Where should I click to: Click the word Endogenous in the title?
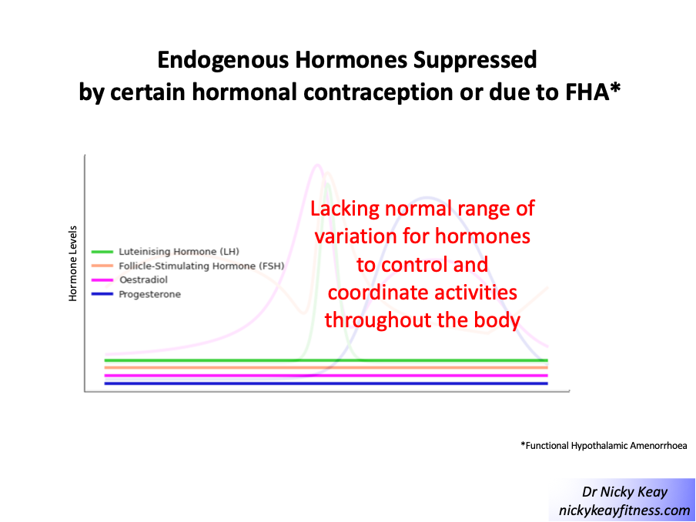[x=223, y=61]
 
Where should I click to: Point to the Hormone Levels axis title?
[x=73, y=263]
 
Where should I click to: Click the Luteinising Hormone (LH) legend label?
[x=179, y=252]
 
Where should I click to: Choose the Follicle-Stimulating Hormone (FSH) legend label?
[x=202, y=266]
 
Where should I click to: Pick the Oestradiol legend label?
[x=143, y=280]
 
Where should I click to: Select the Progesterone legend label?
[x=149, y=294]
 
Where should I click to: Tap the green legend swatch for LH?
[x=102, y=252]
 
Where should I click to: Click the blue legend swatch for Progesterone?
[x=102, y=294]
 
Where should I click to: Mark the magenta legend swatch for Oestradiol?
[x=102, y=280]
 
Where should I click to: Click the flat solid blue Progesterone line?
[x=326, y=383]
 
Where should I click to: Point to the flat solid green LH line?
[x=326, y=360]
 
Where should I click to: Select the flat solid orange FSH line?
[x=326, y=367]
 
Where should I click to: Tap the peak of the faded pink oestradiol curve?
[x=317, y=166]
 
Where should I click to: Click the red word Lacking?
[x=345, y=209]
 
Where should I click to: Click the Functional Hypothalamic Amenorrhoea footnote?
[x=604, y=446]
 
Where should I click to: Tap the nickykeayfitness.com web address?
[x=624, y=510]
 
